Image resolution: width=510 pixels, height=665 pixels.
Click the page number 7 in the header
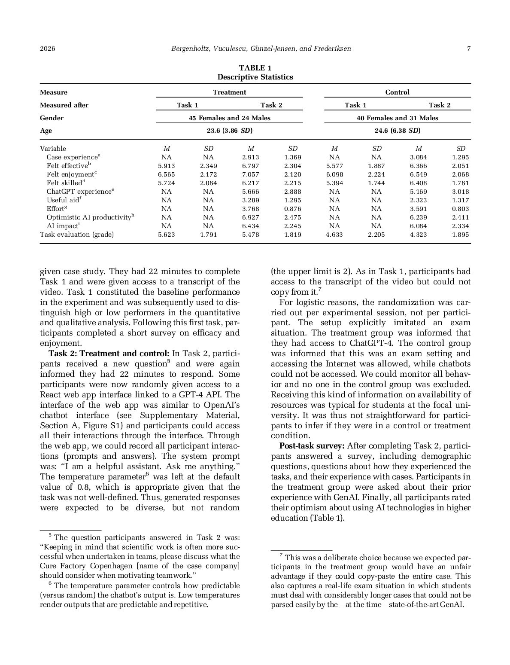tap(469, 49)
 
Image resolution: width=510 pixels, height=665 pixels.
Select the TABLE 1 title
tap(255, 68)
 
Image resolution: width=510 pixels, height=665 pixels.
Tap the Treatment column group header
tap(229, 92)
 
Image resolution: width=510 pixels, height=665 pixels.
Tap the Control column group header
tap(397, 92)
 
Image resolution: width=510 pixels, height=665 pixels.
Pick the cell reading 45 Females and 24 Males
tap(229, 118)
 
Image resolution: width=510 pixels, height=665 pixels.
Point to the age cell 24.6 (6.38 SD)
tap(397, 131)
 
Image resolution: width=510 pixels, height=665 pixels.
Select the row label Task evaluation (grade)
tap(77, 235)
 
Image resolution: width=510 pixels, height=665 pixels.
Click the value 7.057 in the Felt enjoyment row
tap(250, 174)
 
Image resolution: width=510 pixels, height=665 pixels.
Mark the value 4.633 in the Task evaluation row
tap(334, 235)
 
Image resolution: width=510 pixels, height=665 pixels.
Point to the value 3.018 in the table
tap(460, 192)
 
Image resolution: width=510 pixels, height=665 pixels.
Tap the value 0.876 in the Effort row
tap(292, 209)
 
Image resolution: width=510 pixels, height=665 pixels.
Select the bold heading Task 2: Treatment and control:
tap(109, 354)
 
